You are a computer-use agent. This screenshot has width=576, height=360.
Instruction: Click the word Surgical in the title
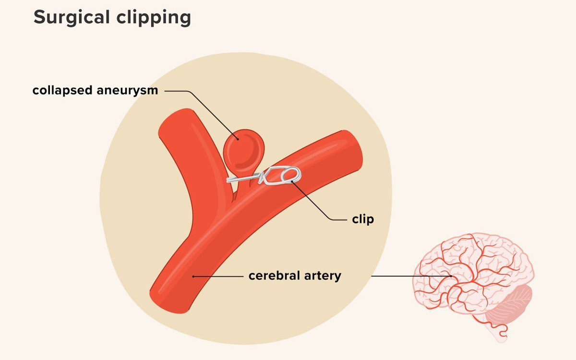(72, 17)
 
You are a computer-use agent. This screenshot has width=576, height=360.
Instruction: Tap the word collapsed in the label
(62, 91)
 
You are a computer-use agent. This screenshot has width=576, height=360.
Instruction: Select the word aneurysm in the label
(127, 91)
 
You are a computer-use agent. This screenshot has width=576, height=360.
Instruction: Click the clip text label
(363, 219)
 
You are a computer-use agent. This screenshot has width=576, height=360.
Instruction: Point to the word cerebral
(275, 276)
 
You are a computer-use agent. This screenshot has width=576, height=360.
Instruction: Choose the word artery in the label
(323, 276)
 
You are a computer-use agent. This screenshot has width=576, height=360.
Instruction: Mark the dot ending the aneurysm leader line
(238, 139)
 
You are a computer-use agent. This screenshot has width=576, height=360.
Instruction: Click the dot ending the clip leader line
(292, 181)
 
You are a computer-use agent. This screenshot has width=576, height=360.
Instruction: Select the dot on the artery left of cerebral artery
(193, 276)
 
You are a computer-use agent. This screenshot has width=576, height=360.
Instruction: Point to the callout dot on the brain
(451, 276)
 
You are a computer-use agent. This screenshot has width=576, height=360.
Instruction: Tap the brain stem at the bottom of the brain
(498, 334)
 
